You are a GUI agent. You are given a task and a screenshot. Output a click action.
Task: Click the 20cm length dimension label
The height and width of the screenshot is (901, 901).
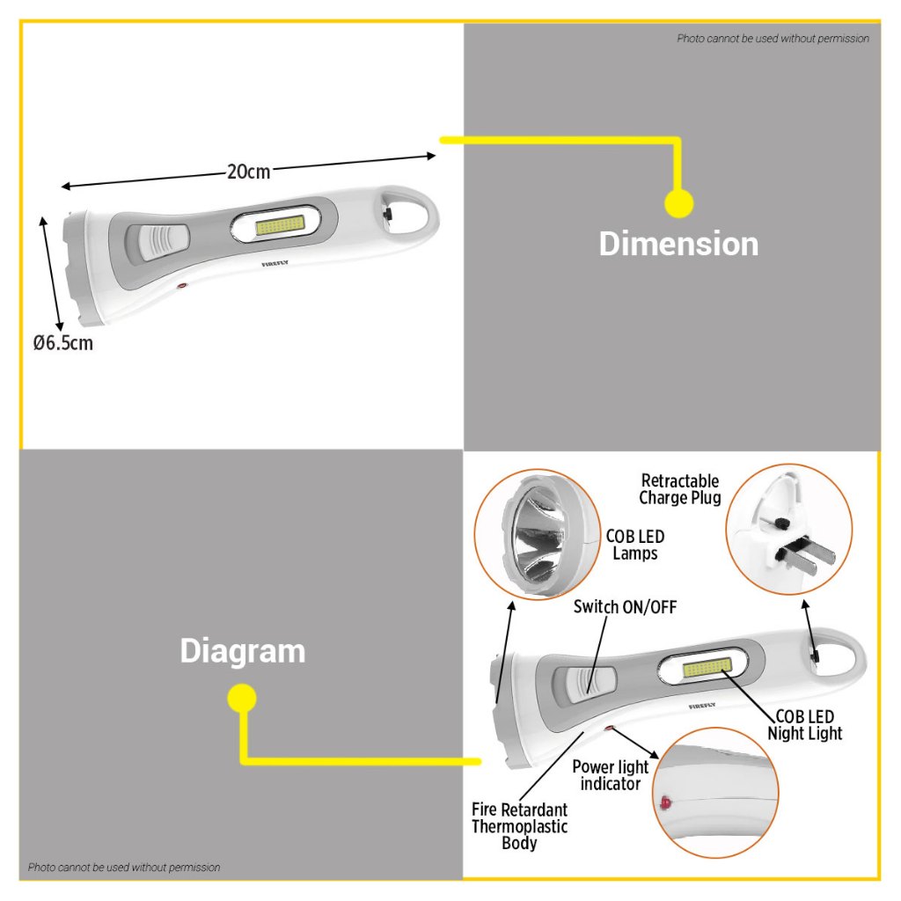248,172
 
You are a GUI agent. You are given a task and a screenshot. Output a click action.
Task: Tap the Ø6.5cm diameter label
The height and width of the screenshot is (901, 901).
62,343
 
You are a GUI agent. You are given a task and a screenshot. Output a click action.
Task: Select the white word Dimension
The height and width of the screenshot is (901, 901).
678,244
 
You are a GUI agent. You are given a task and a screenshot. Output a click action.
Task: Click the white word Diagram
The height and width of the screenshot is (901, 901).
243,651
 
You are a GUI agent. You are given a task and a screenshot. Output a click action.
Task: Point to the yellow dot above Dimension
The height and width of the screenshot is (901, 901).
678,203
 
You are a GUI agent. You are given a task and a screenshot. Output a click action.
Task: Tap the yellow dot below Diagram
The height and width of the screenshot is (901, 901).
242,698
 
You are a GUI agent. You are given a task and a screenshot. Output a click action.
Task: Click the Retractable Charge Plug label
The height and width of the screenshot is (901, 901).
680,489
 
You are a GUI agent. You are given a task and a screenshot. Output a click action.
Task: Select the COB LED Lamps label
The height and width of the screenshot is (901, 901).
635,545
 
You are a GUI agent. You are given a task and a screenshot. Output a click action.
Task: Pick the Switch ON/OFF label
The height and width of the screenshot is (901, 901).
626,607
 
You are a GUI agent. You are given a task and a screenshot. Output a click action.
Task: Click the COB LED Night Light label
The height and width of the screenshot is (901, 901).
804,725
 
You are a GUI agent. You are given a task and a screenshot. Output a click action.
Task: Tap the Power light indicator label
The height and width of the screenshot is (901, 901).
611,775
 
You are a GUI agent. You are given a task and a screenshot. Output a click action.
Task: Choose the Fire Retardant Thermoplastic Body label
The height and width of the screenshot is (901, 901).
519,826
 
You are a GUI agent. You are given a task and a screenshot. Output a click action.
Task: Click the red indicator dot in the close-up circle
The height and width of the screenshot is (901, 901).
665,802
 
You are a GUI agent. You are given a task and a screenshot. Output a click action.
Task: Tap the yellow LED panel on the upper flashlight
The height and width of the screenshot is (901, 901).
280,225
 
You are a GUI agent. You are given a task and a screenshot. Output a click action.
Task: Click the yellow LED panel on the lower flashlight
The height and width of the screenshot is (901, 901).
707,669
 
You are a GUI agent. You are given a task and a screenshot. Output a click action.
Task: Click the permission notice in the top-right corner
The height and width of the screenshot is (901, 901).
773,39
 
